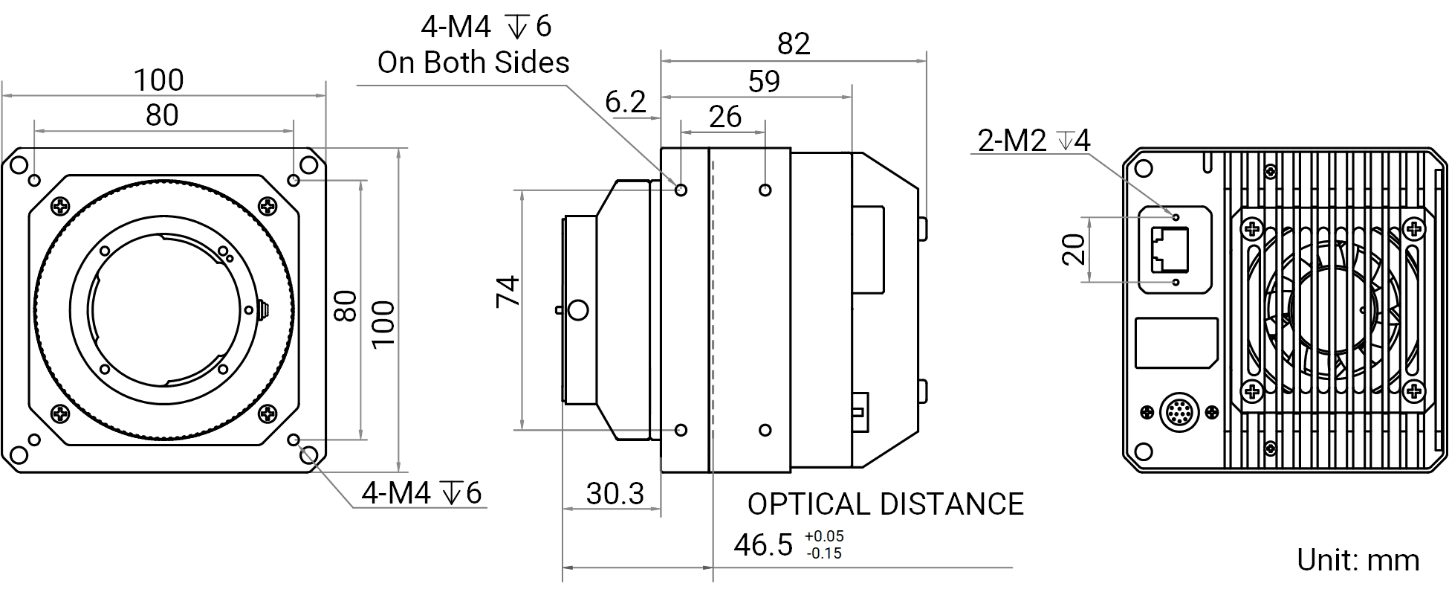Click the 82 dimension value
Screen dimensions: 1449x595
[x=793, y=45]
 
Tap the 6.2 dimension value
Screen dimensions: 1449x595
[x=625, y=102]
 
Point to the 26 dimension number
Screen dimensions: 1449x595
[x=725, y=117]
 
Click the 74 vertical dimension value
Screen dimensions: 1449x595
[x=508, y=291]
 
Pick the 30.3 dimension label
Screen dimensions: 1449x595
[x=615, y=493]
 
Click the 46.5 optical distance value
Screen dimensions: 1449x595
[x=763, y=544]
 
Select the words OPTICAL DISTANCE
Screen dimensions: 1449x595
[x=885, y=504]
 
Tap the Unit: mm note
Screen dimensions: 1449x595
[x=1358, y=560]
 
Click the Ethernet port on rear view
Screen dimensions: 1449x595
[x=1169, y=250]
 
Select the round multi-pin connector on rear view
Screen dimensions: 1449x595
[x=1179, y=411]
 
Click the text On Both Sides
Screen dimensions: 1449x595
[x=473, y=62]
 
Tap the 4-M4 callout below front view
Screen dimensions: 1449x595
[x=421, y=493]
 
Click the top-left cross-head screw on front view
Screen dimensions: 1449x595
[x=61, y=205]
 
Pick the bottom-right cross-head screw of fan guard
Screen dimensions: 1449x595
[x=1415, y=390]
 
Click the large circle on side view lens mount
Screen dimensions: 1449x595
[x=577, y=309]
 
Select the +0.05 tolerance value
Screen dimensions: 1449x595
[x=824, y=536]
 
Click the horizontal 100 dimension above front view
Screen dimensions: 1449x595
[x=158, y=80]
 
